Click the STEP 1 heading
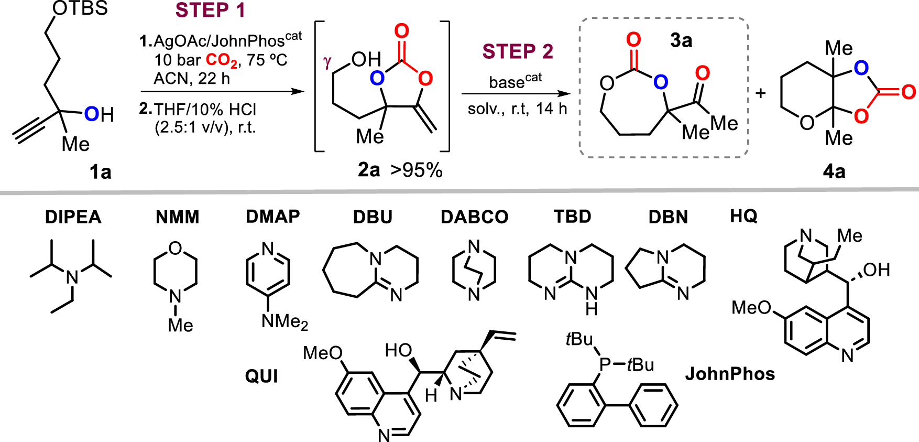click(x=210, y=10)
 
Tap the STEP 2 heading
click(x=518, y=51)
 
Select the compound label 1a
click(x=100, y=171)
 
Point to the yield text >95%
click(x=416, y=170)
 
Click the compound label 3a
click(x=681, y=40)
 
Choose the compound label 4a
click(x=834, y=171)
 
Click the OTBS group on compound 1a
click(x=80, y=8)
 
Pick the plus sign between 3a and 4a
click(x=761, y=93)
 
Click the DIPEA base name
click(x=73, y=217)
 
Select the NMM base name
click(x=178, y=217)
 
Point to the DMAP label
click(x=273, y=217)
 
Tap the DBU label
click(x=373, y=217)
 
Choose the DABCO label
click(x=474, y=217)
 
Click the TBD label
click(x=572, y=217)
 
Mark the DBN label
click(x=668, y=217)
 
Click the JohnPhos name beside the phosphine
click(x=730, y=374)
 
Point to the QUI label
click(x=261, y=376)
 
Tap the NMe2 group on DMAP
click(x=285, y=321)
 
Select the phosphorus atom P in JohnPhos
click(x=605, y=364)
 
